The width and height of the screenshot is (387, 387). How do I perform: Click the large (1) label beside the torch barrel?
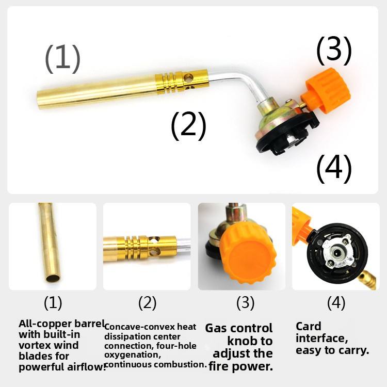pos(62,59)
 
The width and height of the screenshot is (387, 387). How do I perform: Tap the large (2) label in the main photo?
pos(188,126)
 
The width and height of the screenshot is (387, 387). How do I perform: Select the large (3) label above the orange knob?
pos(334,51)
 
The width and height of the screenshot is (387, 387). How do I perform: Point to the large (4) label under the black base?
pos(334,169)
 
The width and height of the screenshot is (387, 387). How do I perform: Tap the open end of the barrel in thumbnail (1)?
pos(53,278)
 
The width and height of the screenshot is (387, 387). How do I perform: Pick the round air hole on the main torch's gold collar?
pos(188,78)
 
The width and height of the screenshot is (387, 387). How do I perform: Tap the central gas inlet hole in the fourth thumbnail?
pos(336,252)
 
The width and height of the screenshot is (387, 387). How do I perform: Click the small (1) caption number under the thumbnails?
pos(53,303)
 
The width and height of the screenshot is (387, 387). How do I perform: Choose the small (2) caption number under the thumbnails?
pos(147,303)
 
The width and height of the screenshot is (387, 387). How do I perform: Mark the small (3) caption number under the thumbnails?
pos(245,303)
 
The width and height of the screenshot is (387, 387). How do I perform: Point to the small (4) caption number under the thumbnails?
pos(336,303)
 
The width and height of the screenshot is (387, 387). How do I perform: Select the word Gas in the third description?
pos(216,329)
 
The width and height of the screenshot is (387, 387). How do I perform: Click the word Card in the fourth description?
pos(308,327)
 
